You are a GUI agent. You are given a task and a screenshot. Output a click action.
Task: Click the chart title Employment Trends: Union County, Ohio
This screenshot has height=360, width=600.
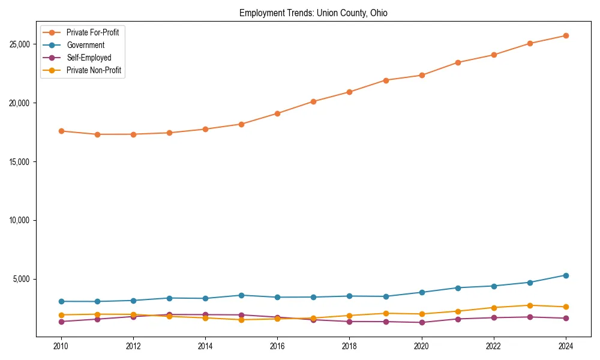pyautogui.click(x=313, y=13)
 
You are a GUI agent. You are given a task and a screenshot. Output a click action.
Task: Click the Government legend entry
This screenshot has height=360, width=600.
pyautogui.click(x=85, y=45)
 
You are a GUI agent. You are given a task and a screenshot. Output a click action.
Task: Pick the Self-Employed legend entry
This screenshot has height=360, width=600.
pyautogui.click(x=89, y=58)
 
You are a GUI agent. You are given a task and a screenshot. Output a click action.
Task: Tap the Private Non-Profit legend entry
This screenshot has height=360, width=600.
pyautogui.click(x=94, y=70)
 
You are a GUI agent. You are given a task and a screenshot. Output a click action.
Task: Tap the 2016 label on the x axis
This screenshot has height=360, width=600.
pyautogui.click(x=277, y=346)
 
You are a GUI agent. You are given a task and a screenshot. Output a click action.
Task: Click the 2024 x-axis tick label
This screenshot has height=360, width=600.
pyautogui.click(x=566, y=346)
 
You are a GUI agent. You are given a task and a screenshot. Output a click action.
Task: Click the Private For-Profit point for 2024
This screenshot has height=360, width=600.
pyautogui.click(x=566, y=35)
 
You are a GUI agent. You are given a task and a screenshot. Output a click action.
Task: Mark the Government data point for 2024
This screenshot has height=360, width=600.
pyautogui.click(x=566, y=275)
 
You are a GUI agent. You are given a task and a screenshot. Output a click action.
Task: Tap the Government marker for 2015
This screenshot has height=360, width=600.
pyautogui.click(x=241, y=295)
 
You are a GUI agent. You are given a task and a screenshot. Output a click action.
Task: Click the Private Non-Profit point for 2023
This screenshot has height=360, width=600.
pyautogui.click(x=530, y=305)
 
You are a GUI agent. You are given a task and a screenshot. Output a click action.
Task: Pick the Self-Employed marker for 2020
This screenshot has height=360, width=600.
pyautogui.click(x=422, y=322)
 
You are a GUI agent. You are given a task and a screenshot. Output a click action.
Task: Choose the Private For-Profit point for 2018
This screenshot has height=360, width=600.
pyautogui.click(x=349, y=92)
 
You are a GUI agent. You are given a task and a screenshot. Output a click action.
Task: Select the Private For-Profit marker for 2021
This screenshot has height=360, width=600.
pyautogui.click(x=458, y=62)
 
